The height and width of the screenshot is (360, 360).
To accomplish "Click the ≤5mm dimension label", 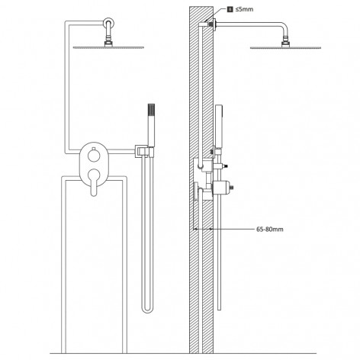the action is [244, 9].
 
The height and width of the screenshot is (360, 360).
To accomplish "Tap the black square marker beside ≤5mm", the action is [230, 9].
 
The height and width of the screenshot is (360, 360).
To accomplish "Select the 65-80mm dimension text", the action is [269, 230].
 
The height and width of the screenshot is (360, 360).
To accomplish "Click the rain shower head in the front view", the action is [108, 47].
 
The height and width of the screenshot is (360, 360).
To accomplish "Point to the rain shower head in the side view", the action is [285, 47].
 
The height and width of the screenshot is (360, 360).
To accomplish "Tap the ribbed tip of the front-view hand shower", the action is [151, 110].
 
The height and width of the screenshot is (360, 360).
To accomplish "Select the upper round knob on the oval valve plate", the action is [94, 156].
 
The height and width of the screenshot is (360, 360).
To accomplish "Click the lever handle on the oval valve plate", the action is [94, 182].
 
